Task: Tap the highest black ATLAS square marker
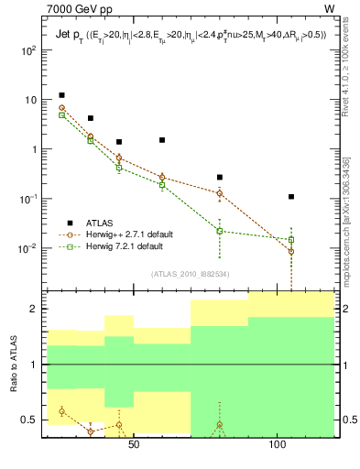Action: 61,95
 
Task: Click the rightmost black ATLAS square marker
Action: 291,196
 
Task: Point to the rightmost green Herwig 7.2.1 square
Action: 291,240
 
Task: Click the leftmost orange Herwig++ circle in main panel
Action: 61,108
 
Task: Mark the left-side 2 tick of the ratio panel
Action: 35,310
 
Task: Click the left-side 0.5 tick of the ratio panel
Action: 30,420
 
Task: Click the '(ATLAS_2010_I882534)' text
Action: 191,273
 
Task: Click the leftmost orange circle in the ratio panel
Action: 61,411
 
